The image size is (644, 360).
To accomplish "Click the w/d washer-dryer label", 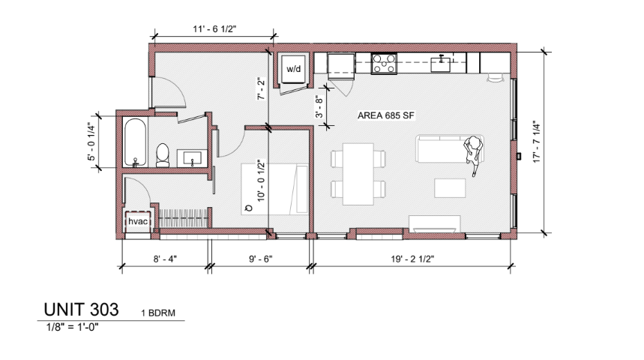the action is pos(293,69).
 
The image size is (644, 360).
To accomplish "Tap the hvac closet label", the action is pos(138,221).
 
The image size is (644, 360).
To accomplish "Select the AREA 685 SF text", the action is pos(385,115).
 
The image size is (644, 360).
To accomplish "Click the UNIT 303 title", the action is pos(81,310).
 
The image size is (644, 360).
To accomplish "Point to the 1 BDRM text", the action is pos(158,313).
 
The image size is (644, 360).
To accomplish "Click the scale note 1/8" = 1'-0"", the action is pos(72,327).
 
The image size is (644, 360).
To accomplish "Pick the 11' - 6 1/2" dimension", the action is pos(214,29).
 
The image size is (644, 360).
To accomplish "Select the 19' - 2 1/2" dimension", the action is pos(412,259).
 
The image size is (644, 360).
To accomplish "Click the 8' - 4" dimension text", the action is pos(165,259).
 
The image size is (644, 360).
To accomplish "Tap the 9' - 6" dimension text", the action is pos(260,259).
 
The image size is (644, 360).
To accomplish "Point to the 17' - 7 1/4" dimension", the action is pos(537,142).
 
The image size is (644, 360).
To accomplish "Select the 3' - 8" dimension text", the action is pos(319,106).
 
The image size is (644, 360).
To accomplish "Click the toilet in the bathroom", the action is pos(163,155).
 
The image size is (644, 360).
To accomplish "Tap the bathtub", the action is pos(135,142).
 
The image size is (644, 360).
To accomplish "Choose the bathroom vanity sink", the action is pos(193,158).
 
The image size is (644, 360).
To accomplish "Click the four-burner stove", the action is pos(384,64).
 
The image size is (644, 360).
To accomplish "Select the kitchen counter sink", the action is pos(441,64).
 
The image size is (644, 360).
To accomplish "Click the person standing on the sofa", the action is pos(473,154).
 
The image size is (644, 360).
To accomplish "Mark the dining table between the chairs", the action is pos(358,174).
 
